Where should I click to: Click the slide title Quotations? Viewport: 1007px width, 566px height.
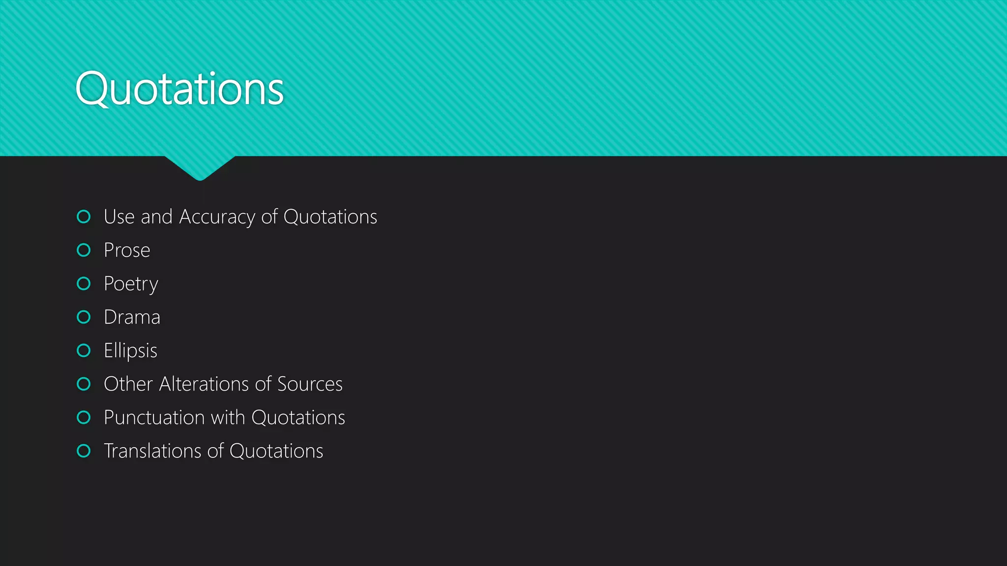[x=179, y=89]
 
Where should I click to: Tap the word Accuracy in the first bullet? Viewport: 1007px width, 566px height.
[x=217, y=217]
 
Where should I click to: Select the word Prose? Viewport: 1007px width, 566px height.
[x=127, y=251]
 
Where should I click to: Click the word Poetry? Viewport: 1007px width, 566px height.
[x=131, y=284]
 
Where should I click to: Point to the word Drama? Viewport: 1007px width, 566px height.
[x=132, y=317]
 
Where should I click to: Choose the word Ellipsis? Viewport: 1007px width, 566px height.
[x=130, y=351]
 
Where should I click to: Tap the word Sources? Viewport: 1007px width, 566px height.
[x=310, y=384]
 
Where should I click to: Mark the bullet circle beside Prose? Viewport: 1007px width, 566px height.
[x=84, y=250]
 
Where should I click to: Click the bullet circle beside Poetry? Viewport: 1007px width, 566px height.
[x=84, y=283]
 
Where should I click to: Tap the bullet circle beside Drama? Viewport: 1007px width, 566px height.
[x=84, y=317]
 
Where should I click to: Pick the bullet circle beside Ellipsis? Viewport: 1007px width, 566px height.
[x=84, y=350]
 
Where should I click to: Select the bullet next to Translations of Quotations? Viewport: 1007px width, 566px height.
[x=84, y=451]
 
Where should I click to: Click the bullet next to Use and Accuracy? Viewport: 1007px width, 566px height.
[x=84, y=217]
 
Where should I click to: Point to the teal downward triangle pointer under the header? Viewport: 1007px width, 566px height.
[x=200, y=167]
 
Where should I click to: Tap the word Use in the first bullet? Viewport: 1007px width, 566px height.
[x=119, y=217]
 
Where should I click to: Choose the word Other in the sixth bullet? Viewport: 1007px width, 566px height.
[x=128, y=384]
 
